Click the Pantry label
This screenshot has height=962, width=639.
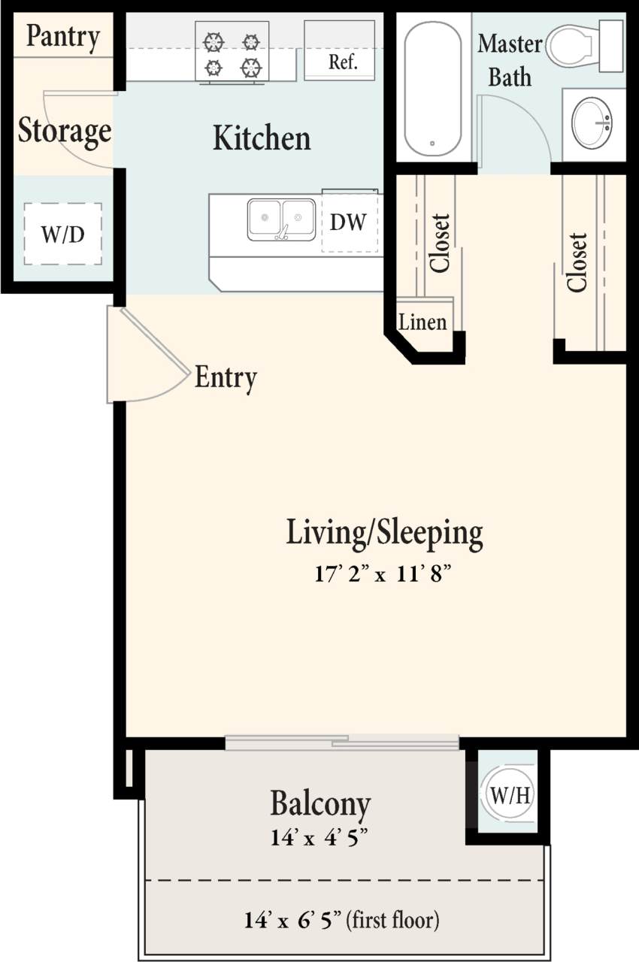pyautogui.click(x=62, y=36)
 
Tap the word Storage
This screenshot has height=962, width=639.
pyautogui.click(x=65, y=131)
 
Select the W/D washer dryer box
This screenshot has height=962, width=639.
pyautogui.click(x=62, y=234)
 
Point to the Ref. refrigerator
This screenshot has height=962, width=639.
pyautogui.click(x=340, y=51)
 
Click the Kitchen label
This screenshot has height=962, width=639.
pyautogui.click(x=262, y=138)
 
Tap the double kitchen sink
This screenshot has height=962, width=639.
pyautogui.click(x=281, y=219)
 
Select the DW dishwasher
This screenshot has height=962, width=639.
pyautogui.click(x=349, y=222)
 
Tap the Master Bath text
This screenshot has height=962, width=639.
pyautogui.click(x=510, y=60)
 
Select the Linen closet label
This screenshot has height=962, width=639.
pyautogui.click(x=422, y=323)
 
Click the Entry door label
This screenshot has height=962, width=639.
pyautogui.click(x=226, y=377)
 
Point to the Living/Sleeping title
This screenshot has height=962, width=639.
pyautogui.click(x=384, y=533)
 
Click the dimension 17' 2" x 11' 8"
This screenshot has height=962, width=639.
pyautogui.click(x=384, y=575)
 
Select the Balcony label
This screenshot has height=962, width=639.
pyautogui.click(x=320, y=803)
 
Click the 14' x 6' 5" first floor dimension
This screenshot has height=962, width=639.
pyautogui.click(x=341, y=919)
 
